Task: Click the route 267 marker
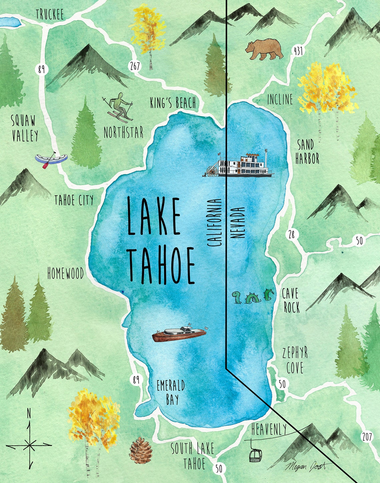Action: pyautogui.click(x=135, y=66)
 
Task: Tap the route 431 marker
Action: pyautogui.click(x=298, y=51)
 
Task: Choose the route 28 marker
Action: pyautogui.click(x=292, y=235)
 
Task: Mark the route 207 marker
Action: pyautogui.click(x=367, y=437)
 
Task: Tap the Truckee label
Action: pyautogui.click(x=50, y=15)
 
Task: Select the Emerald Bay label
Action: pyautogui.click(x=171, y=392)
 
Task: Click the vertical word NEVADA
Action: pyautogui.click(x=239, y=223)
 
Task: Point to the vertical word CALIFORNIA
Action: pyautogui.click(x=214, y=222)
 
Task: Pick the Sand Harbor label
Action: pyautogui.click(x=307, y=152)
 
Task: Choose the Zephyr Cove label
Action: pyautogui.click(x=295, y=360)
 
